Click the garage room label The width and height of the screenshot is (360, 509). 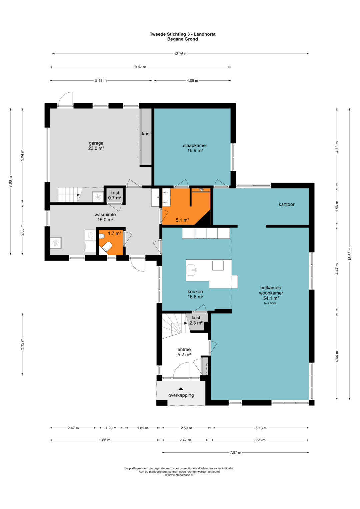[96, 146]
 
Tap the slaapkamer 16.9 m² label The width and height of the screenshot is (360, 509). [195, 148]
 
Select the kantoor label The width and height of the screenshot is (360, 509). [286, 204]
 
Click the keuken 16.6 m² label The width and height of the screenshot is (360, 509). [195, 294]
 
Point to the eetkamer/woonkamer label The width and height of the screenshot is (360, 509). [271, 293]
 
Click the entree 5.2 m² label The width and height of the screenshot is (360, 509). [184, 352]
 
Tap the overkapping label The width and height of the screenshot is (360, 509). [181, 395]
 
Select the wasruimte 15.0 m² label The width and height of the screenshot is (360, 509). [105, 217]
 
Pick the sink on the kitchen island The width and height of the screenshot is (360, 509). [191, 270]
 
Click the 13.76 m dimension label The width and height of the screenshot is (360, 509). [181, 54]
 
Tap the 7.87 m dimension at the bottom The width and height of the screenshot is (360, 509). [235, 452]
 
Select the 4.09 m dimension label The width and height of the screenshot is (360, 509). [192, 80]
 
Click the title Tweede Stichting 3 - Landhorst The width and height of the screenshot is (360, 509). [183, 34]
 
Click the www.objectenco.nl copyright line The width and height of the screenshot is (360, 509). [179, 475]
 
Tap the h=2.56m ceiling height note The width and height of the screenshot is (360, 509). [270, 303]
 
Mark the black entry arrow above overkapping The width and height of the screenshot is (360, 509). [181, 389]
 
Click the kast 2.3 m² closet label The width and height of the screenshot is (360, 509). [196, 320]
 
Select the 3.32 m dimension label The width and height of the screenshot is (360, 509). [22, 344]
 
